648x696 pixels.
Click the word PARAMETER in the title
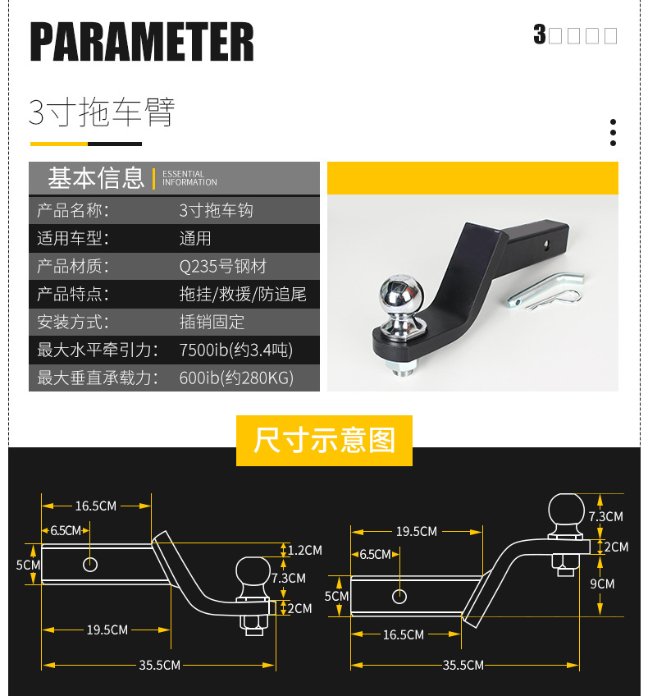pos(142,41)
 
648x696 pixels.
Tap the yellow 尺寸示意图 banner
pos(324,441)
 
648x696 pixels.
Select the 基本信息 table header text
pos(96,177)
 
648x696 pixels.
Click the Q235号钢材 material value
pos(223,266)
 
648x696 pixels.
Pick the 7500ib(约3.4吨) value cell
pos(235,350)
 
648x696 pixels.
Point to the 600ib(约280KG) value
pos(236,378)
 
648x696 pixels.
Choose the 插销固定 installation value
pos(212,322)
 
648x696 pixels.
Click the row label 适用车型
pos(73,239)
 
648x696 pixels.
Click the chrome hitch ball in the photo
pos(399,298)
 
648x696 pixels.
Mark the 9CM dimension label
pos(601,584)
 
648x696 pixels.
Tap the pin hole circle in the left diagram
pos(90,565)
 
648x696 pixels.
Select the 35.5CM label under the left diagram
pos(159,665)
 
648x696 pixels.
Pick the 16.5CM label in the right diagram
pos(404,634)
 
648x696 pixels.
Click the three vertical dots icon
pos(613,132)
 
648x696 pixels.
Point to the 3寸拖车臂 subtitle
pos(102,112)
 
